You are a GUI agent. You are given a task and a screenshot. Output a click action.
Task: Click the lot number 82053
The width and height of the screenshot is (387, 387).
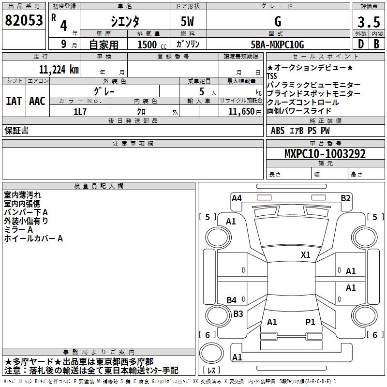tap(24, 20)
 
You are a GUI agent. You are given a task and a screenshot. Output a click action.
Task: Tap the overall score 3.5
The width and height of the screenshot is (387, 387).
tap(369, 22)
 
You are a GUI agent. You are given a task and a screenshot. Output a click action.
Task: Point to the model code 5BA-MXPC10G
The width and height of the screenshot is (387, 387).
tap(278, 45)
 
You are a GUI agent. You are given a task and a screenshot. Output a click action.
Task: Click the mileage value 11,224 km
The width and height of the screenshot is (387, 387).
tap(59, 69)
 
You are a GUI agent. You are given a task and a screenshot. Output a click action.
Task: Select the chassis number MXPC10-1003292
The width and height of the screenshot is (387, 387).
tap(325, 154)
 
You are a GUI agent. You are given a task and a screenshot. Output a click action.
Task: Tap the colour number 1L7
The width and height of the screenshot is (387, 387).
tap(80, 111)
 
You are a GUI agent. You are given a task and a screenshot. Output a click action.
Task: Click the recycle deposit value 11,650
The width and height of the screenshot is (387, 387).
tap(237, 111)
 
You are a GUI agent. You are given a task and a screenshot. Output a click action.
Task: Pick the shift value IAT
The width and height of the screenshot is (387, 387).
tap(14, 101)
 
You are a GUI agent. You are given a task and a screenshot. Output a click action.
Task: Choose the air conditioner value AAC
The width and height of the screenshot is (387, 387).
tap(37, 101)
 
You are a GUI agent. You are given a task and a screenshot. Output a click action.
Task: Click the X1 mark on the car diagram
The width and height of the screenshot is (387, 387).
tap(305, 254)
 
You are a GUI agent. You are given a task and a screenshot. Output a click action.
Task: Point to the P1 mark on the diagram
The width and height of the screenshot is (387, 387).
tap(310, 322)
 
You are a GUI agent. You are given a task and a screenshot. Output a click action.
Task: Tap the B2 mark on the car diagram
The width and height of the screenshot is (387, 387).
tap(345, 198)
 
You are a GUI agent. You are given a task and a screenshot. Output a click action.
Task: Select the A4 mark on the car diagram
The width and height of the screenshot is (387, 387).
tap(237, 198)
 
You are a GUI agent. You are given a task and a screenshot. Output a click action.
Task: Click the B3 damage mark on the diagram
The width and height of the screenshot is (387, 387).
tap(238, 313)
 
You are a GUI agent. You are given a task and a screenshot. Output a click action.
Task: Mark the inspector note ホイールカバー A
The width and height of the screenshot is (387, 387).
tap(33, 238)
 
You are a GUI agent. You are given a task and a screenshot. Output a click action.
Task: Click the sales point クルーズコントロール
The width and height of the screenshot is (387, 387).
tap(303, 103)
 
